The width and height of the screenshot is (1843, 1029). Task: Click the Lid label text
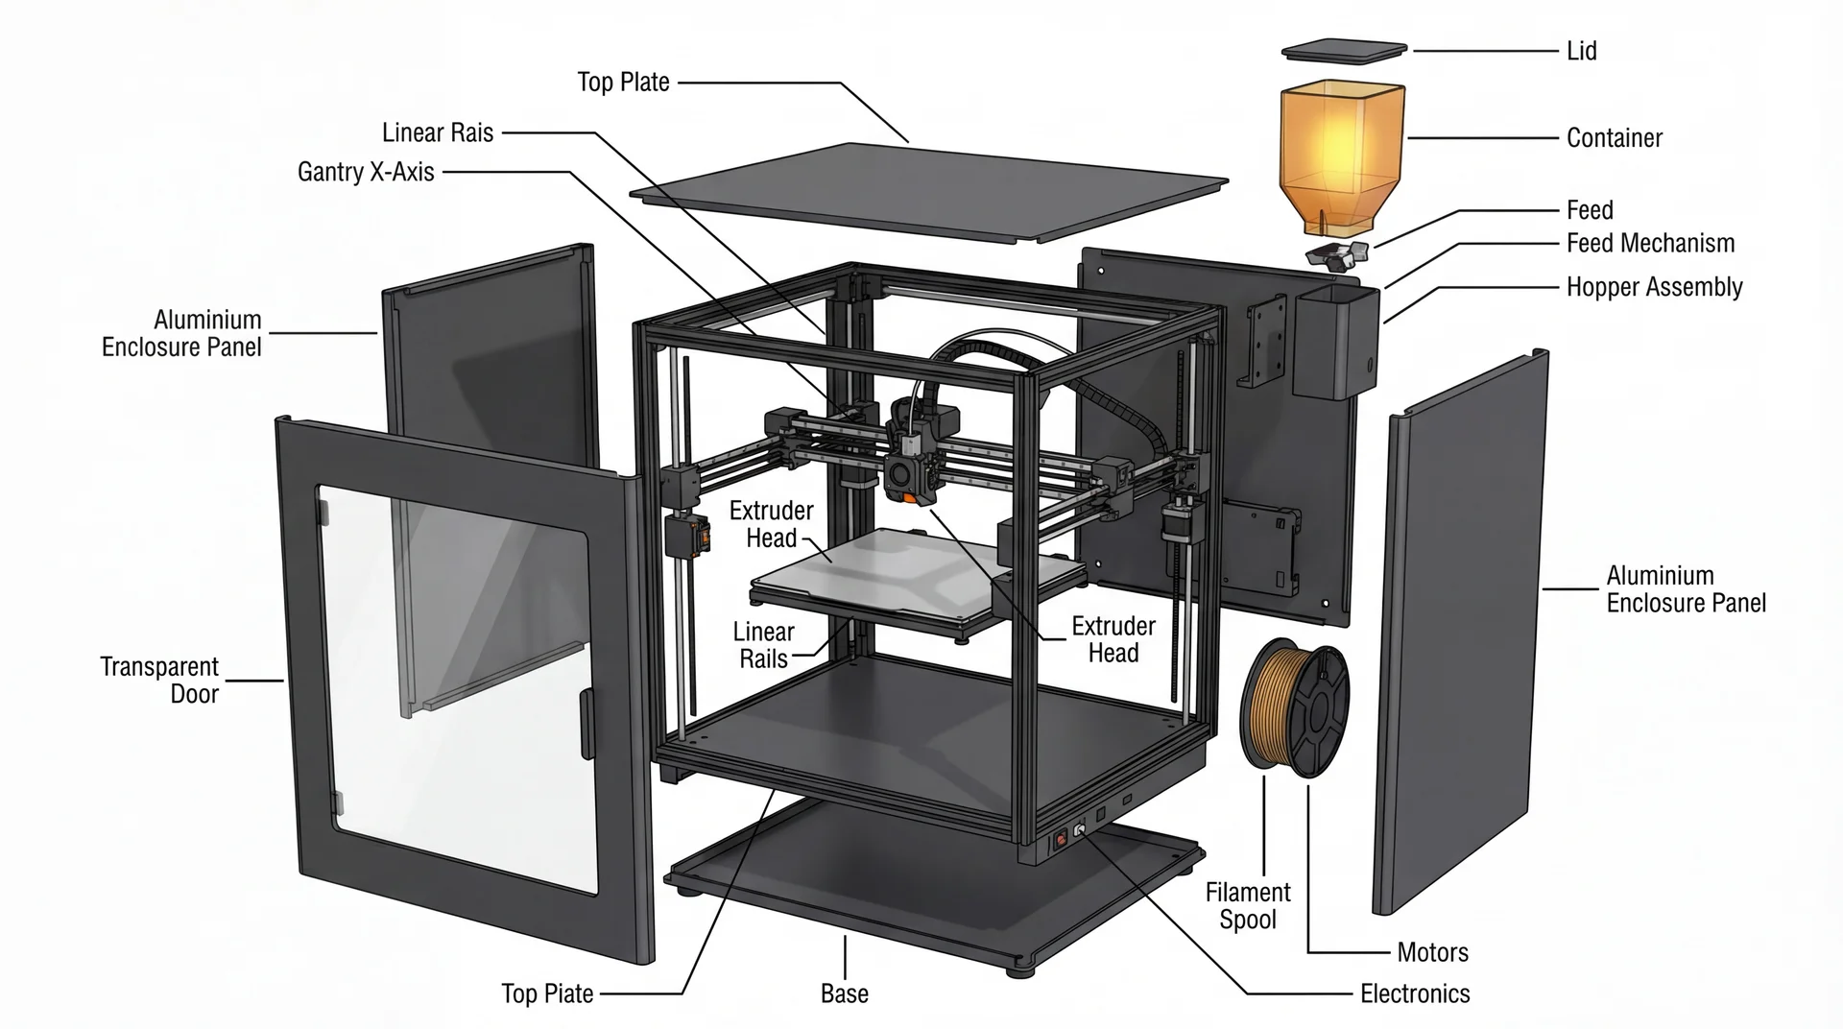pyautogui.click(x=1581, y=51)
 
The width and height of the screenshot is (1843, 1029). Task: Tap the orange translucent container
pyautogui.click(x=1342, y=154)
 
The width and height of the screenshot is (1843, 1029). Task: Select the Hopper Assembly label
pyautogui.click(x=1654, y=287)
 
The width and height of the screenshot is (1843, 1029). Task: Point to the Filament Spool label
pyautogui.click(x=1247, y=905)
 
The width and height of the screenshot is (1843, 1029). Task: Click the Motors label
pyautogui.click(x=1432, y=952)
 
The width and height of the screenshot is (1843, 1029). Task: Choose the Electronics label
pyautogui.click(x=1415, y=993)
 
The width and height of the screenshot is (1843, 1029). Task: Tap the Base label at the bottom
pyautogui.click(x=844, y=993)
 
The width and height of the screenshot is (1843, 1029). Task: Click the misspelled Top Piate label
pyautogui.click(x=547, y=993)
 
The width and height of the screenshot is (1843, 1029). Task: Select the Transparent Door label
pyautogui.click(x=160, y=680)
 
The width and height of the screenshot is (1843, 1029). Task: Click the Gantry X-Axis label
pyautogui.click(x=366, y=172)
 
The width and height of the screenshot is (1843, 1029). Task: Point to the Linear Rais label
pyautogui.click(x=438, y=132)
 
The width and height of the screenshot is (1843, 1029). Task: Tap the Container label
pyautogui.click(x=1614, y=138)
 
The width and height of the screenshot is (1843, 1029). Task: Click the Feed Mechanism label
pyautogui.click(x=1650, y=244)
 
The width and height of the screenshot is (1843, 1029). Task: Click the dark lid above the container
pyautogui.click(x=1344, y=51)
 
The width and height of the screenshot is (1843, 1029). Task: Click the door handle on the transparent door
pyautogui.click(x=586, y=720)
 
